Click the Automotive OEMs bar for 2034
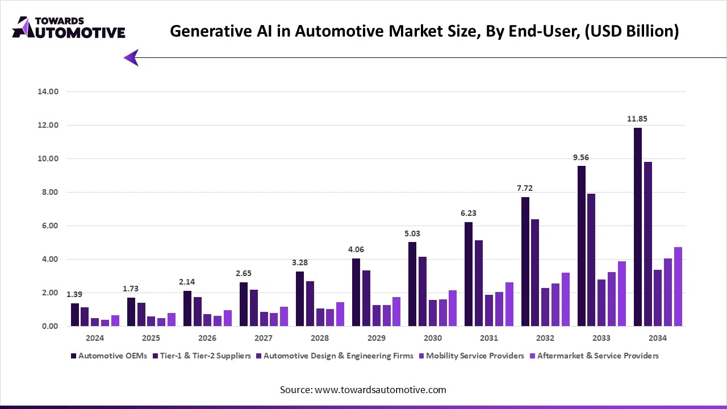(x=637, y=227)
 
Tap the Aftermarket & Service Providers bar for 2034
(x=678, y=287)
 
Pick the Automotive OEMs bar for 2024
(x=75, y=315)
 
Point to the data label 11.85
(x=637, y=119)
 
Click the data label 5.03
(x=412, y=233)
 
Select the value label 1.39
(x=75, y=294)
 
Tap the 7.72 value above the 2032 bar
(x=525, y=188)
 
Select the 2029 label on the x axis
(x=376, y=338)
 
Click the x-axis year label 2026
(x=207, y=338)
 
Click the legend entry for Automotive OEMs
(x=108, y=356)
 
